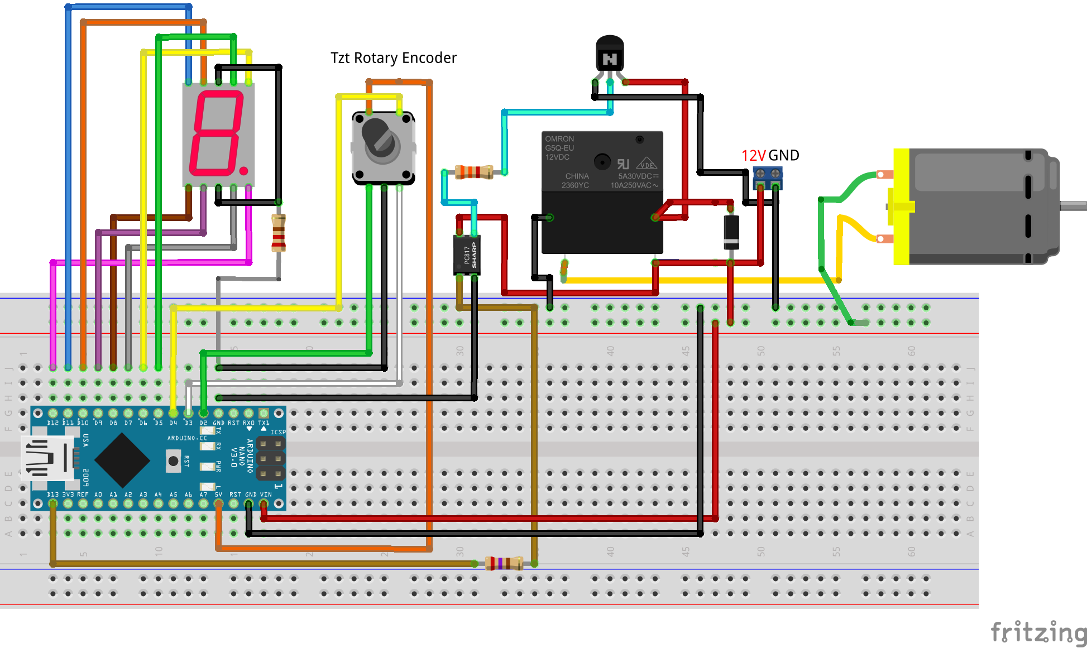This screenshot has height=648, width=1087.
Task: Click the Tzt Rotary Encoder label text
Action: point(393,58)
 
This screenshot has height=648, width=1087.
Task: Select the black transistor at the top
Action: point(610,54)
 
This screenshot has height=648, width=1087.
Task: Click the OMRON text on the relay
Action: point(559,139)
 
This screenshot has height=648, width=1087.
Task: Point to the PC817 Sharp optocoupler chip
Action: point(467,255)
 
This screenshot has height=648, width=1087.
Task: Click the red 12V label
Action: point(753,156)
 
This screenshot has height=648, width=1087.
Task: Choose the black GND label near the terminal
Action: point(784,156)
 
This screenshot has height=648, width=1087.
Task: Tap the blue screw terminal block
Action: point(768,177)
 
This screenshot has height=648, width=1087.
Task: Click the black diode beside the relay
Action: point(731,232)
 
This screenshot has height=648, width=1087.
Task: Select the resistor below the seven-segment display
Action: point(278,233)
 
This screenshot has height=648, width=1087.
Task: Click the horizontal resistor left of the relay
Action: point(474,172)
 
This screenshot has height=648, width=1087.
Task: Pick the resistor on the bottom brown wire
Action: point(504,563)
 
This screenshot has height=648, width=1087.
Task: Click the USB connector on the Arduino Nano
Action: point(47,458)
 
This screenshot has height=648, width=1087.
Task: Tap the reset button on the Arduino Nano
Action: point(173,461)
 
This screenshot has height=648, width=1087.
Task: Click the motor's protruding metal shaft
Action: point(1073,206)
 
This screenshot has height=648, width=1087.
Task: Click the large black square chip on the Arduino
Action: point(122,460)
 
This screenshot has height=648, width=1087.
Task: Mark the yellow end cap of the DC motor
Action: point(901,207)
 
